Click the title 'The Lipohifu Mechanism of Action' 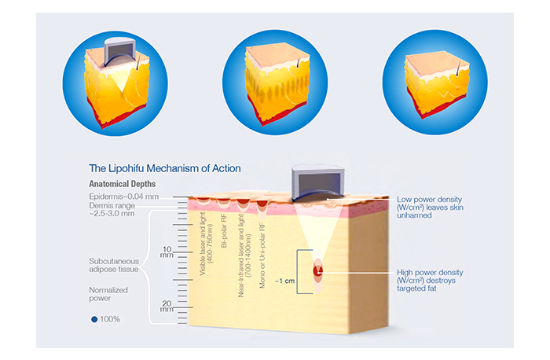click(x=165, y=168)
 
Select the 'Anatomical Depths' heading click(x=122, y=184)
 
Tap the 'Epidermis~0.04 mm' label click(x=124, y=197)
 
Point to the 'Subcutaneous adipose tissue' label click(x=114, y=265)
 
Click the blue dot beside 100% click(x=94, y=319)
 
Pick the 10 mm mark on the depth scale click(x=167, y=252)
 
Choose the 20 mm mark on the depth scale click(x=167, y=306)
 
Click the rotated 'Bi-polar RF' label click(x=224, y=231)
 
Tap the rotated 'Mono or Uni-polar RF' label click(x=262, y=255)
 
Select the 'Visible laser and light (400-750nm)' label click(x=206, y=244)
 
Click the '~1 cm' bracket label click(x=284, y=281)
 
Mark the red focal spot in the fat click(x=317, y=271)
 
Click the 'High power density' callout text click(x=430, y=281)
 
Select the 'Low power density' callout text click(x=430, y=208)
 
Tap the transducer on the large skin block click(x=317, y=182)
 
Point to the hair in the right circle click(x=458, y=68)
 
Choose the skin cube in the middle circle click(x=277, y=83)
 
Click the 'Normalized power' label click(x=108, y=294)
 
